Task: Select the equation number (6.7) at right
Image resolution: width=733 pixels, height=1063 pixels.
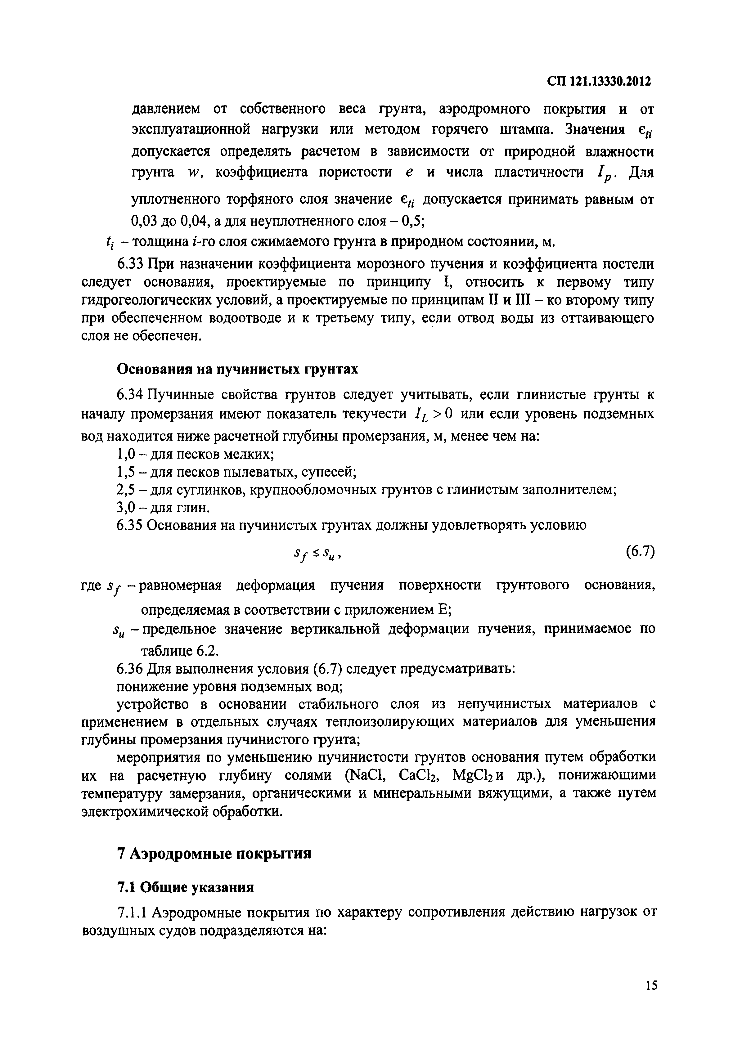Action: point(640,551)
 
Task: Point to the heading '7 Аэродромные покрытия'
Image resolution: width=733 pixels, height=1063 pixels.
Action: point(214,854)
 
